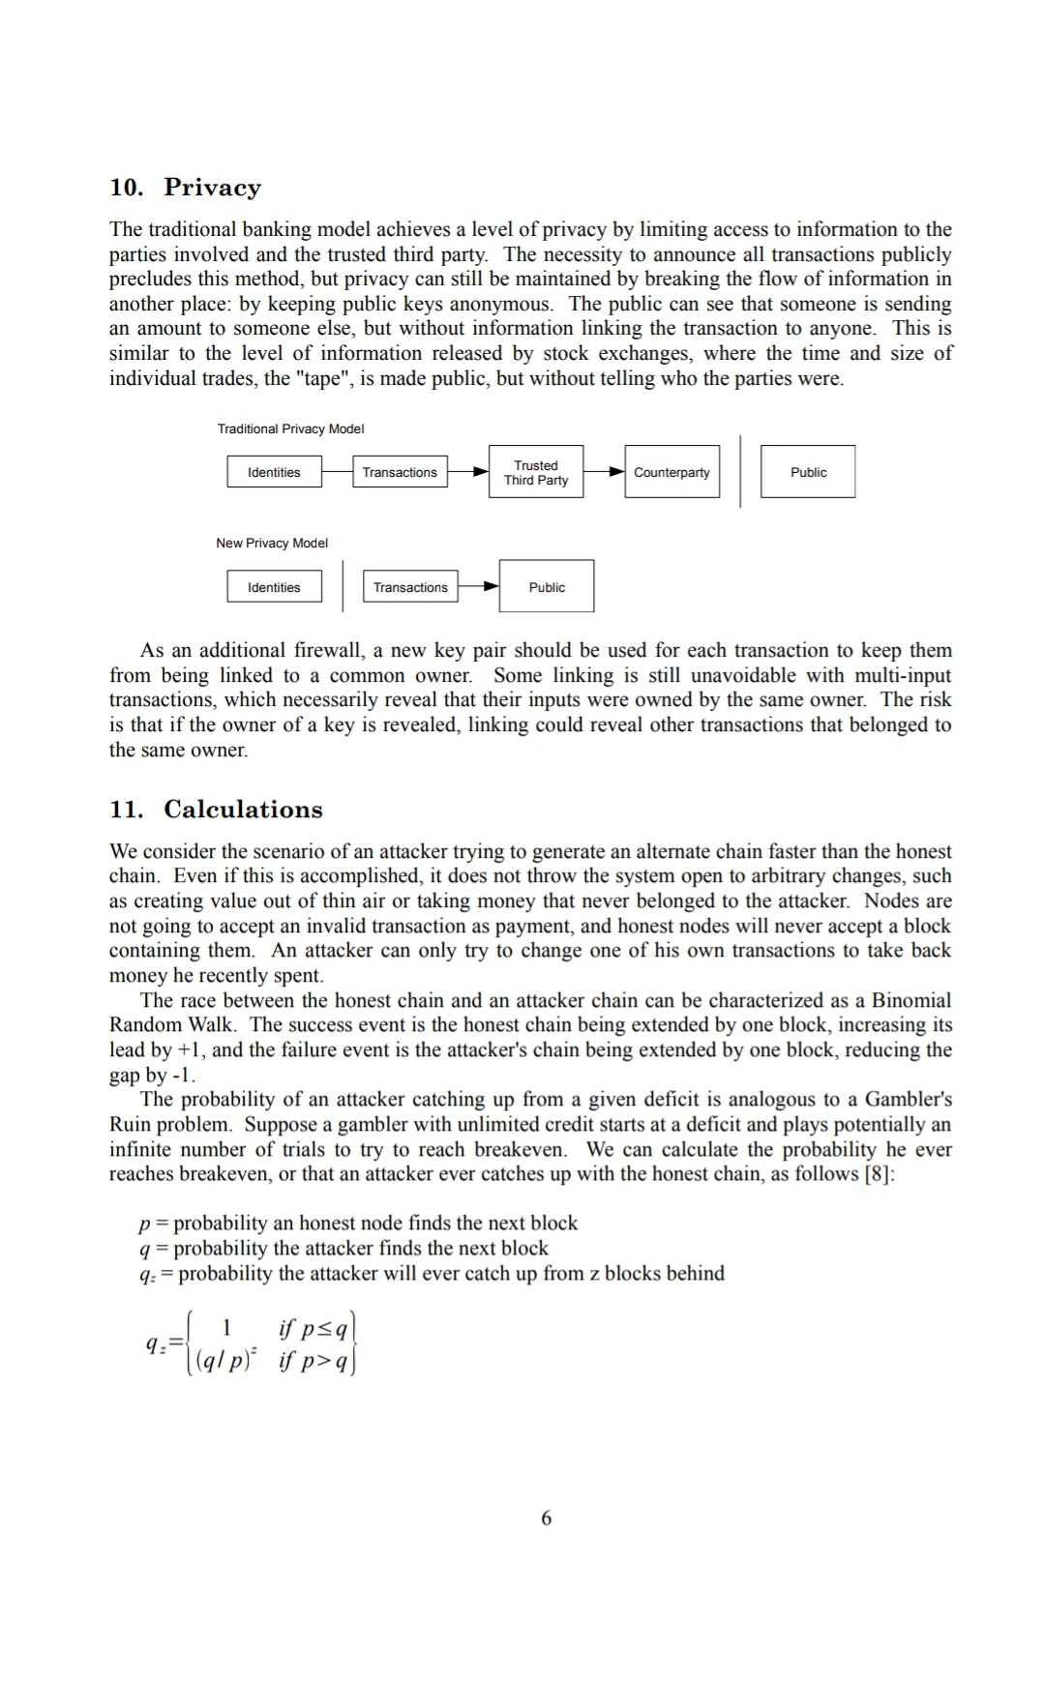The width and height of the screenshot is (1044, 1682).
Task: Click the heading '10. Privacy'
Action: point(185,187)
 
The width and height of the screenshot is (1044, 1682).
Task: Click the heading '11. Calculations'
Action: point(216,809)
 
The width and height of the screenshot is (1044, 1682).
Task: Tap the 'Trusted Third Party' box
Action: point(536,472)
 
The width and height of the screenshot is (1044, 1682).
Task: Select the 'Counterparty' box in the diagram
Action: point(671,472)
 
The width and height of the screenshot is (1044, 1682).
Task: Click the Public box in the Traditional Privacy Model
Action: point(808,472)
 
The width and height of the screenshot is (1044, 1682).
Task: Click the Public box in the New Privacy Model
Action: point(547,587)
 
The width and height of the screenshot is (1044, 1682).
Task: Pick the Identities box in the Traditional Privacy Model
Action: point(274,472)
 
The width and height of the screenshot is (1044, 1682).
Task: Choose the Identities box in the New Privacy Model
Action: point(274,587)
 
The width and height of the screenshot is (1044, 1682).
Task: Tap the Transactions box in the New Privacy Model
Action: point(410,587)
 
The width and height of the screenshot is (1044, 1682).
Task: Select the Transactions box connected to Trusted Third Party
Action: point(400,472)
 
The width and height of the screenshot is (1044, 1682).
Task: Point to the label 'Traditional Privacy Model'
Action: point(290,428)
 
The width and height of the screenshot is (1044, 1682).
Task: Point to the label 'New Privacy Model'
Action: point(272,543)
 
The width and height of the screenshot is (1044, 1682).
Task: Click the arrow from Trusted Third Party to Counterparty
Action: point(605,472)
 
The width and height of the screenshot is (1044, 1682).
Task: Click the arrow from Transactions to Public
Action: point(479,587)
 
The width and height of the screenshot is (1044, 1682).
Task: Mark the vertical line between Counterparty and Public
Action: point(740,472)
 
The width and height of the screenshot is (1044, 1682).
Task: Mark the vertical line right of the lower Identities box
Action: point(343,587)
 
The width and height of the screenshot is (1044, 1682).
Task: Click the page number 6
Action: point(546,1518)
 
